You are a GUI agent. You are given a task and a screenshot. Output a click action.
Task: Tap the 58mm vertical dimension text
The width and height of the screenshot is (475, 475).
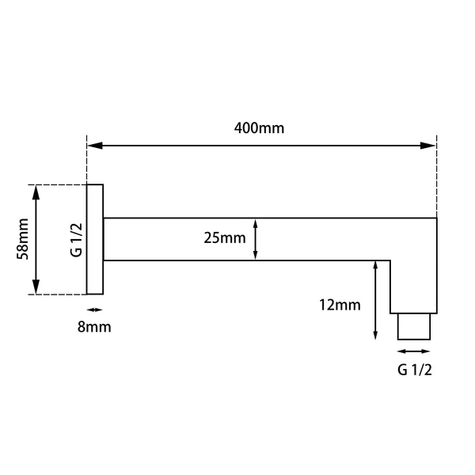(24, 239)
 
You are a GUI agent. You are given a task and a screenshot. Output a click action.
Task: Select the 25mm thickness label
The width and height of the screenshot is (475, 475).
(224, 237)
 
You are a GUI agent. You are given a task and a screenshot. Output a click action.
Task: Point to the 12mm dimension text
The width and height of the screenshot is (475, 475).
(341, 305)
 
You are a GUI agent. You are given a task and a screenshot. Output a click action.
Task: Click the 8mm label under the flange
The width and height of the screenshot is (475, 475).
(95, 326)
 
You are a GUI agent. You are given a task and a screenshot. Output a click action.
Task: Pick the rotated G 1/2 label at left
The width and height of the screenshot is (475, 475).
(76, 239)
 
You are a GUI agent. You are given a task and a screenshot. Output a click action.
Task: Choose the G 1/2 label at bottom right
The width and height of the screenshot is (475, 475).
(414, 369)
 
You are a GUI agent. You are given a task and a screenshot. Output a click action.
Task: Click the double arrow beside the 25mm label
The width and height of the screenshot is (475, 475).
(256, 239)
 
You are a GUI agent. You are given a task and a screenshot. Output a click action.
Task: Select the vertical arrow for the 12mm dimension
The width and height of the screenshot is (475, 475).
(374, 302)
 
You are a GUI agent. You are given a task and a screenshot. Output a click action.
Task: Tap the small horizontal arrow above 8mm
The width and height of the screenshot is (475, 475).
(94, 310)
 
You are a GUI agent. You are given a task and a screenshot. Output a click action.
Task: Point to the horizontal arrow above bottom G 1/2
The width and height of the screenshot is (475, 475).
(413, 351)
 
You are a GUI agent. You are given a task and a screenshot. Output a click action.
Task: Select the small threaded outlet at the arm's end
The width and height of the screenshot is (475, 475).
(413, 326)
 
